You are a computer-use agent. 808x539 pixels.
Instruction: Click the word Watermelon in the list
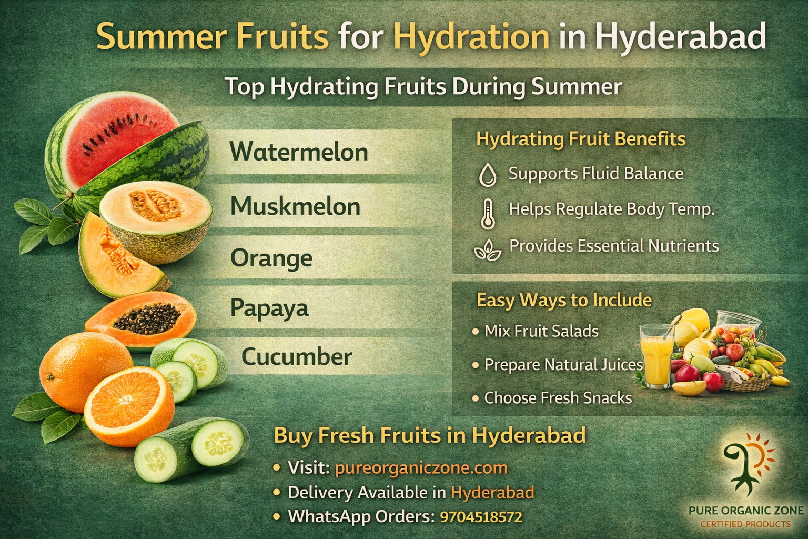pos(299,152)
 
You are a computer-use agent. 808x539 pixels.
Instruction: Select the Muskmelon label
pos(295,206)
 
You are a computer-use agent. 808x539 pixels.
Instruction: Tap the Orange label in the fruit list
pos(271,258)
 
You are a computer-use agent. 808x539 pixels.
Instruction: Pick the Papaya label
pos(269,307)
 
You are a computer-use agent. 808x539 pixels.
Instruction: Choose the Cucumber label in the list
pos(297,357)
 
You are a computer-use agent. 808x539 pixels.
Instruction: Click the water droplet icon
pos(488,175)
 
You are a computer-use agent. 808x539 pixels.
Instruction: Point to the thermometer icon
pos(488,213)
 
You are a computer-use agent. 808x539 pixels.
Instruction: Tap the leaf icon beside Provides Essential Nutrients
pos(488,249)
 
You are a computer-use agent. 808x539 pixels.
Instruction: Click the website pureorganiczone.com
pos(421,467)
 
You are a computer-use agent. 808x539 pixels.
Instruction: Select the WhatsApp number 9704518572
pos(481,516)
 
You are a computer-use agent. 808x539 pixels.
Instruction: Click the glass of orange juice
pos(656,355)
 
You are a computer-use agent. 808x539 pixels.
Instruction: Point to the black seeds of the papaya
pos(147,317)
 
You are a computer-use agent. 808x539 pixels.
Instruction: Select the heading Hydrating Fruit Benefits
pos(581,139)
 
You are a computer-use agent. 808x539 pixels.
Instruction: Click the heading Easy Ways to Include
pos(564,300)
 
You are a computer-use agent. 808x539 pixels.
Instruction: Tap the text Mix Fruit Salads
pos(541,331)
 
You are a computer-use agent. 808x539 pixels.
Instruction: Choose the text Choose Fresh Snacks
pos(558,397)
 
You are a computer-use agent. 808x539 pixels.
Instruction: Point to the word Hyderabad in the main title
pos(680,37)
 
